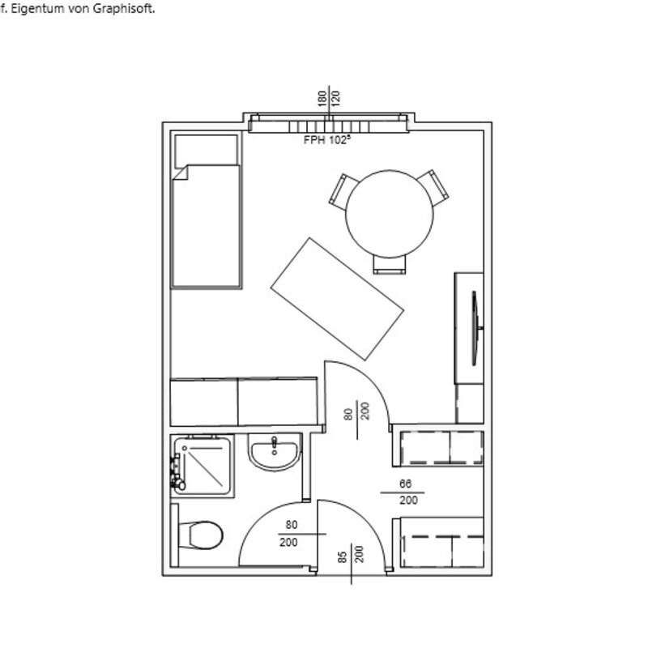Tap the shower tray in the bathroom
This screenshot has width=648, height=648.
[x=202, y=466]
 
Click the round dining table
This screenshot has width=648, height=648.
[x=390, y=214]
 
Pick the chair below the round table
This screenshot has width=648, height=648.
[x=390, y=265]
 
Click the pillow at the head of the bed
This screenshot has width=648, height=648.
[x=206, y=151]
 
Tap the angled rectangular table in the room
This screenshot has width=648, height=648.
[x=337, y=299]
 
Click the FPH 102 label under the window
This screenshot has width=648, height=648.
[x=327, y=140]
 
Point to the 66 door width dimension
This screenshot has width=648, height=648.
[x=406, y=484]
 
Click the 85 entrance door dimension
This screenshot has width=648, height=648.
[x=342, y=557]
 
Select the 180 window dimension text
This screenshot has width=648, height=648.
[x=322, y=99]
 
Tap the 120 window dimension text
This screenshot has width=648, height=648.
[x=335, y=99]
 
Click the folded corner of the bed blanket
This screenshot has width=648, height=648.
[x=180, y=173]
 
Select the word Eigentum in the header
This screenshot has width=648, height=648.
[x=37, y=9]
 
